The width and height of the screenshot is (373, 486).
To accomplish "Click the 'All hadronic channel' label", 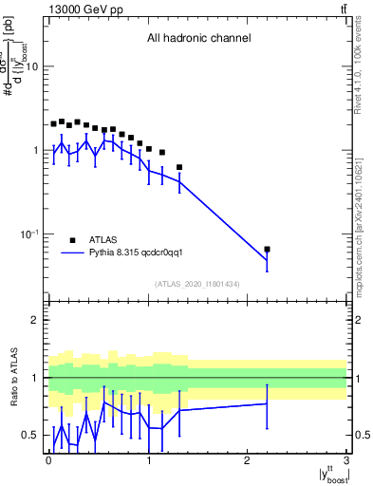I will click(198, 39).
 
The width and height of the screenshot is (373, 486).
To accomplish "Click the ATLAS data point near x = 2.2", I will click(267, 250).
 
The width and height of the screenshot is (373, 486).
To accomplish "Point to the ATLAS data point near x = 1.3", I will click(179, 167).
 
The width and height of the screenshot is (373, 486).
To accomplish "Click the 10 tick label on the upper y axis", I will click(31, 67).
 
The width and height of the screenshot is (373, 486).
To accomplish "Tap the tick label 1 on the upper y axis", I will click(35, 151).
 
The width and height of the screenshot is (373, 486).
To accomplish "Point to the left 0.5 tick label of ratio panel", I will click(31, 435).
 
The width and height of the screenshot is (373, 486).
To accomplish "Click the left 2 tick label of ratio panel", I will click(35, 320).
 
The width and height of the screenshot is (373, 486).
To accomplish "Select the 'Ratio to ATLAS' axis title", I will click(13, 377).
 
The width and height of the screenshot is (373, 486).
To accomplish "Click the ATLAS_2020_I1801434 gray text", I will click(197, 284).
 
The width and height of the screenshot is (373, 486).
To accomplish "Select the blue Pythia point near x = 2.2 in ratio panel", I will click(267, 404).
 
